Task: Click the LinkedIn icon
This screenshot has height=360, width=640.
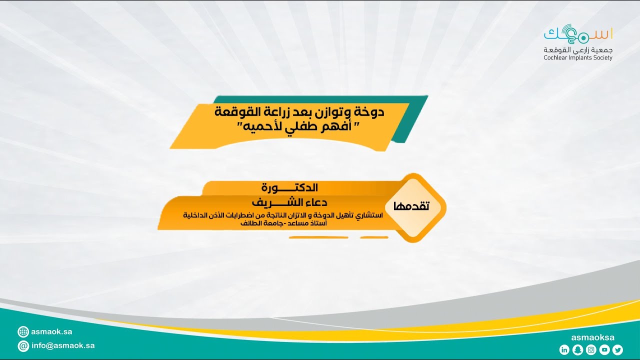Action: click(x=564, y=350)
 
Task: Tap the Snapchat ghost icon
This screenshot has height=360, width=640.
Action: click(x=577, y=350)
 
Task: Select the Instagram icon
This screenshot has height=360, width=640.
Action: click(x=591, y=350)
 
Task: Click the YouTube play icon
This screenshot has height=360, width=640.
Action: click(x=604, y=350)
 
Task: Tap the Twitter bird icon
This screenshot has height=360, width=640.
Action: click(x=617, y=350)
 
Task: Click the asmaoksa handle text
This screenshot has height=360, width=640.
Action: click(x=592, y=337)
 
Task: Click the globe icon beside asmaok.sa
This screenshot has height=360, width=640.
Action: click(x=23, y=331)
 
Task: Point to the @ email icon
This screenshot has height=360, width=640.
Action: click(x=23, y=346)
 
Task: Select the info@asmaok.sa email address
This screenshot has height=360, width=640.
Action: click(x=63, y=345)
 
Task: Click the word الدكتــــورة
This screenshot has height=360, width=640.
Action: click(x=290, y=188)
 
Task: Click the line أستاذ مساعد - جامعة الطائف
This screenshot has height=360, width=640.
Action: click(x=283, y=223)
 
